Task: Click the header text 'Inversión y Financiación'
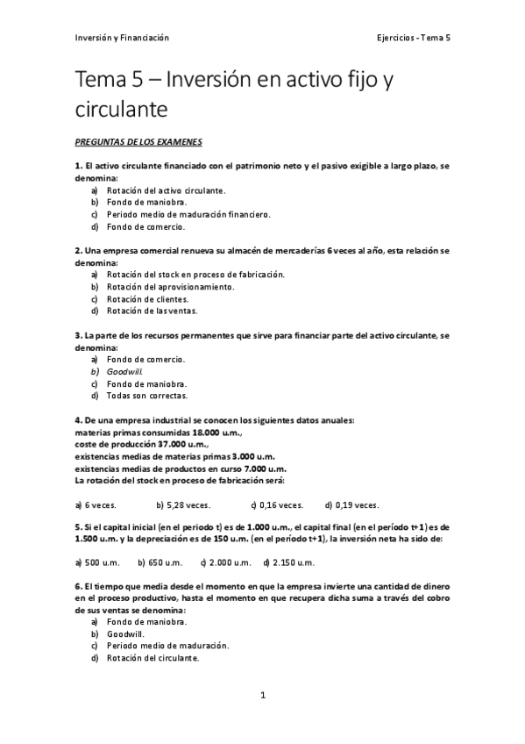coord(122,38)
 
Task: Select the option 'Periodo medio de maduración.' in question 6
coord(167,646)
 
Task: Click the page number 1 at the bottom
coord(262,695)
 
